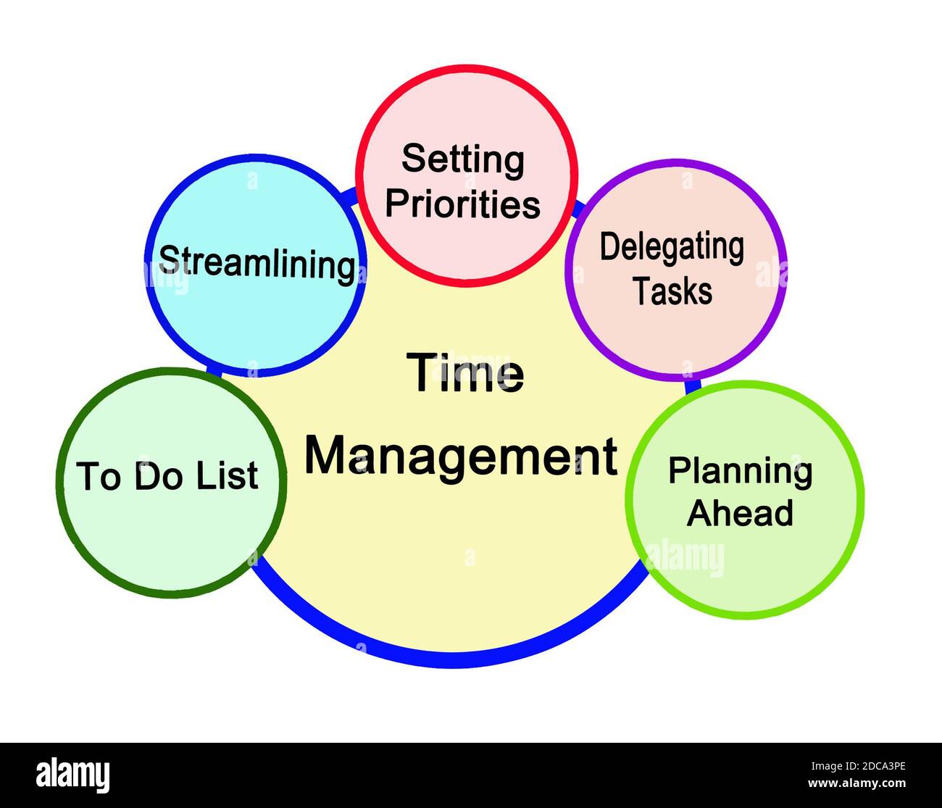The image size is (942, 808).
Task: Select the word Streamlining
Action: pyautogui.click(x=257, y=262)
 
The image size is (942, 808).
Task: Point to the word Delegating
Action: pyautogui.click(x=672, y=247)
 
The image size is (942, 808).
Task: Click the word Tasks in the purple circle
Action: pyautogui.click(x=673, y=291)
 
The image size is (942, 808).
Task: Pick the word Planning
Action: pyautogui.click(x=740, y=472)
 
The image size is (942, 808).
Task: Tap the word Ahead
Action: pyautogui.click(x=740, y=513)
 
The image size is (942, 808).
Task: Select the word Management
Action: pyautogui.click(x=461, y=455)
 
